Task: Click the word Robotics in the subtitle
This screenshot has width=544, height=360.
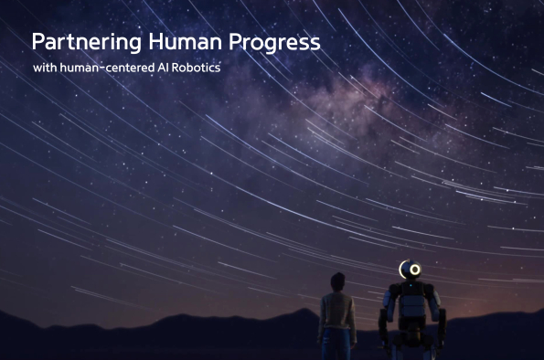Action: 196,69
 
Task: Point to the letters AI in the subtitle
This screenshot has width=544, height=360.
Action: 161,69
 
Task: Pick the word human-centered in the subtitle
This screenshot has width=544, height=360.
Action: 104,69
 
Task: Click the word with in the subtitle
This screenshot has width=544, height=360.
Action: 43,69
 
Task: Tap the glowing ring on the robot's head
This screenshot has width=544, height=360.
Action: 413,270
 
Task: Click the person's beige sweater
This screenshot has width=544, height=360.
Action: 336,312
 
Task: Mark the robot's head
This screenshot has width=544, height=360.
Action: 410,270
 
